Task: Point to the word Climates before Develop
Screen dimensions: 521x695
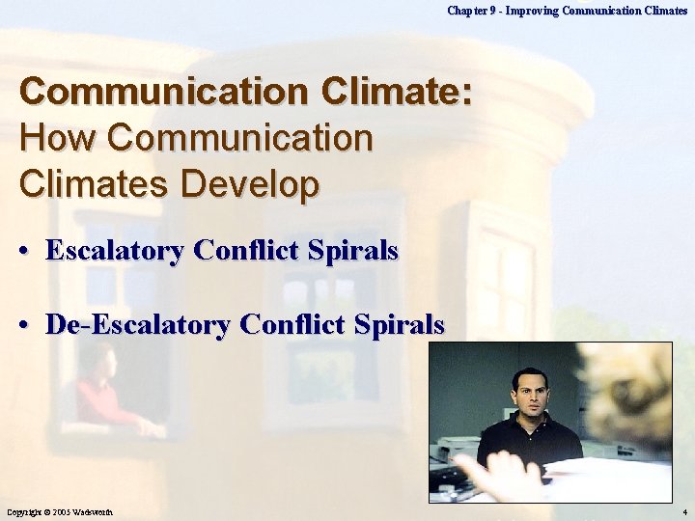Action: click(92, 183)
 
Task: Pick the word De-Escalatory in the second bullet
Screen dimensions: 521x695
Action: click(137, 324)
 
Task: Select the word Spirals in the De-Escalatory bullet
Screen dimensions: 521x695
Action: click(398, 324)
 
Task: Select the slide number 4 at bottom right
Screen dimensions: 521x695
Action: click(683, 510)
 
